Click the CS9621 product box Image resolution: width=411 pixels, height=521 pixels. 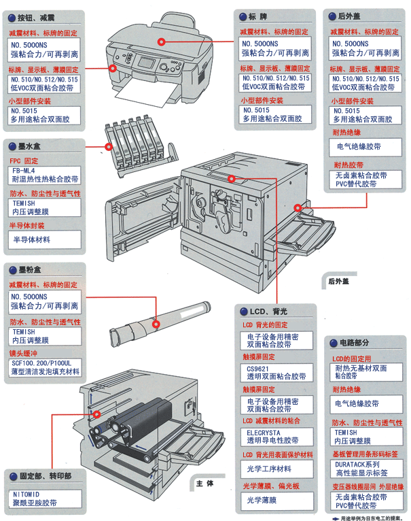(275, 372)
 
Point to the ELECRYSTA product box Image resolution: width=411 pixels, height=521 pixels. (275, 436)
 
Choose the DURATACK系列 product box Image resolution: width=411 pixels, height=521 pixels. (364, 467)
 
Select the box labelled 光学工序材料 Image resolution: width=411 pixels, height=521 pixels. (275, 469)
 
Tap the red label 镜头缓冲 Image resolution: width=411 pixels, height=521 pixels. (24, 353)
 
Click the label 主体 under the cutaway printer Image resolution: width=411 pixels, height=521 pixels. (204, 484)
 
